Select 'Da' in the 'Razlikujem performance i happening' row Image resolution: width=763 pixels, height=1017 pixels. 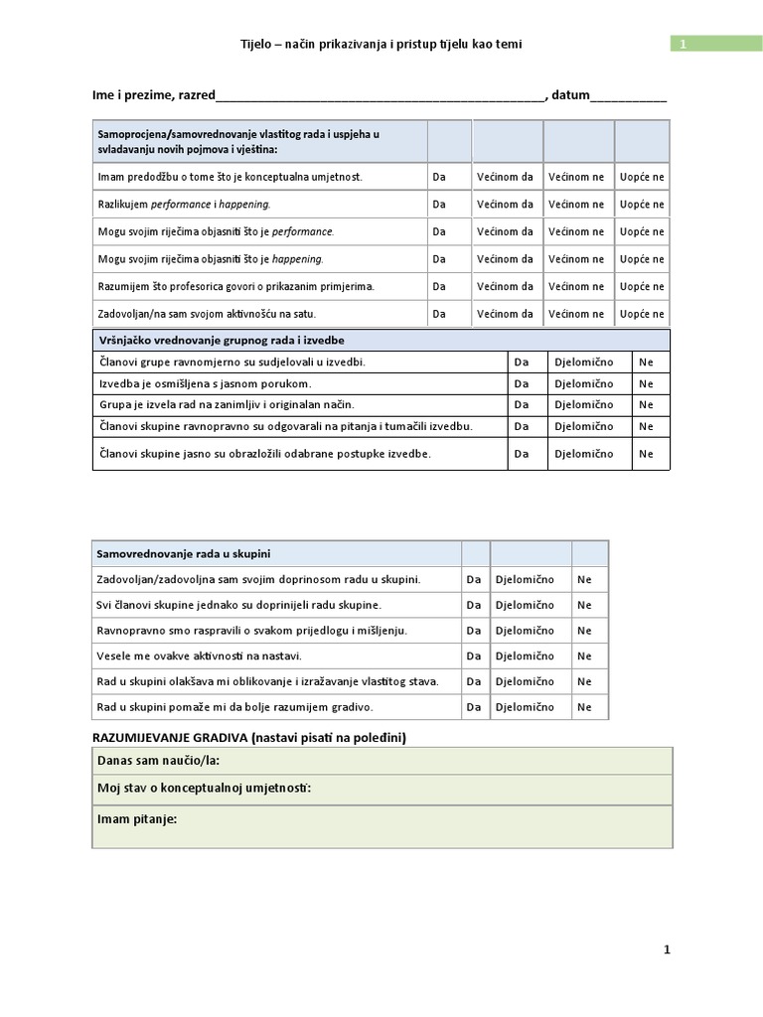(x=439, y=205)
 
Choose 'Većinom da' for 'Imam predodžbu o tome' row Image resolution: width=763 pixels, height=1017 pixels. (x=505, y=177)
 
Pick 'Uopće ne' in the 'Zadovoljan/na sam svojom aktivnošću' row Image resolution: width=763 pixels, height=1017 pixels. (x=642, y=314)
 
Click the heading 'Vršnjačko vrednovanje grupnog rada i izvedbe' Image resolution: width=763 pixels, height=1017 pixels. (x=220, y=340)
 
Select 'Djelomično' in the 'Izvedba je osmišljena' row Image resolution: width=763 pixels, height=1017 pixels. (x=584, y=383)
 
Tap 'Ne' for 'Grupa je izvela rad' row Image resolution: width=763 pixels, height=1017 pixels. (x=647, y=405)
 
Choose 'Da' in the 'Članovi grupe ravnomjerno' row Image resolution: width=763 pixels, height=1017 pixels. (x=522, y=362)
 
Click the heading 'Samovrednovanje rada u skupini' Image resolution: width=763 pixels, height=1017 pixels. (x=184, y=553)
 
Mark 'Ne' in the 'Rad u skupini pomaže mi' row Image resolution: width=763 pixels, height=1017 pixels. (x=584, y=707)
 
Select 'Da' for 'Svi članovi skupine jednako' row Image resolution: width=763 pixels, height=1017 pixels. (x=474, y=605)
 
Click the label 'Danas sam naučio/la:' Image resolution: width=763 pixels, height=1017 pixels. (x=159, y=761)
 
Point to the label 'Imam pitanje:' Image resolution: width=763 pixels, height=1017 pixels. (x=137, y=819)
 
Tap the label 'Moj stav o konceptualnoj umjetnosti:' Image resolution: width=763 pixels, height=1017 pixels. (x=205, y=789)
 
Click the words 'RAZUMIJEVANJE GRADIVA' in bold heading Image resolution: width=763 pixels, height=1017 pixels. (x=170, y=738)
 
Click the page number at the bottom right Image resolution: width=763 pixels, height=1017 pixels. (x=667, y=949)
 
